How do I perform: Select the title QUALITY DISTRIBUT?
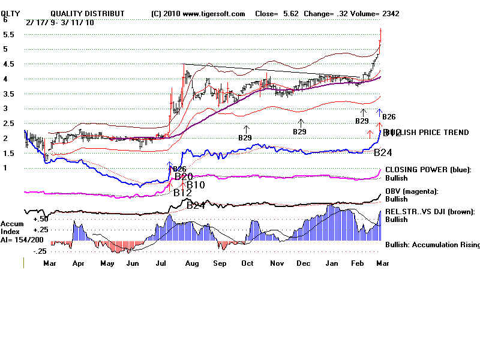pyautogui.click(x=88, y=13)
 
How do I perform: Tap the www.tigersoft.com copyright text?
pyautogui.click(x=199, y=13)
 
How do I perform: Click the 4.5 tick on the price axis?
pyautogui.click(x=8, y=64)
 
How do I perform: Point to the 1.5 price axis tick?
pyautogui.click(x=8, y=153)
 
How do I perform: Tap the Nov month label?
pyautogui.click(x=277, y=263)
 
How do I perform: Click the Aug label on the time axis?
pyautogui.click(x=191, y=263)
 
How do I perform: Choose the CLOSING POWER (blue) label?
pyautogui.click(x=428, y=170)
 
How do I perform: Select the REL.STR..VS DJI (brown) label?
pyautogui.click(x=430, y=211)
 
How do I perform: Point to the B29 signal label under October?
pyautogui.click(x=245, y=137)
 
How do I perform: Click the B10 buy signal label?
pyautogui.click(x=196, y=185)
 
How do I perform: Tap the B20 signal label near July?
pyautogui.click(x=184, y=176)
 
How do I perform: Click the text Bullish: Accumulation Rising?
pyautogui.click(x=433, y=245)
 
